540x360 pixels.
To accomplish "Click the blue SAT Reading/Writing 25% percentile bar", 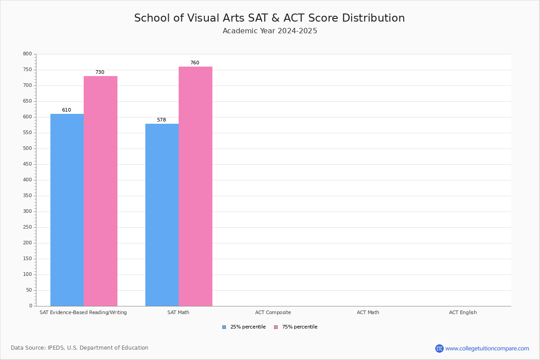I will point(67,210).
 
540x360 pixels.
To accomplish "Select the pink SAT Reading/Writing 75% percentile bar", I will point(100,191).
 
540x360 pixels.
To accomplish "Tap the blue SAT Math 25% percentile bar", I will point(162,215).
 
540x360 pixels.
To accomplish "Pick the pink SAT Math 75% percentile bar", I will point(195,186).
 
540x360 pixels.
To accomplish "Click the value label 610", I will point(67,110).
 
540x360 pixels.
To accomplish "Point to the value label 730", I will point(99,72).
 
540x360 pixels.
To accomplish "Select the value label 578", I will point(162,120).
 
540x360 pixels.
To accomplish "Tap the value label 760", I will point(194,63).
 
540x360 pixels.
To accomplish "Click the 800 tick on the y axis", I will point(27,54).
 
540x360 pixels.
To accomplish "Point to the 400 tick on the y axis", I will point(27,180).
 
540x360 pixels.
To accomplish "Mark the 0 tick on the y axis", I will point(31,306).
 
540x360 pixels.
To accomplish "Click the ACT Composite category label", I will point(273,312).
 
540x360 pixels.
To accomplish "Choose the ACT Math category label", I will point(368,312).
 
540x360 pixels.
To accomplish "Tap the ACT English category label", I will point(463,312).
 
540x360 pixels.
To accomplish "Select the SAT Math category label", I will point(178,312).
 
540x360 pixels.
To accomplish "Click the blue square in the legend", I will point(224,327).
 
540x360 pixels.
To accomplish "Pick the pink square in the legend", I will point(276,327).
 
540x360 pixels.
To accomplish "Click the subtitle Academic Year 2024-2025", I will point(270,31).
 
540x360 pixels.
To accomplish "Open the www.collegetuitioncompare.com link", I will point(487,348).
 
